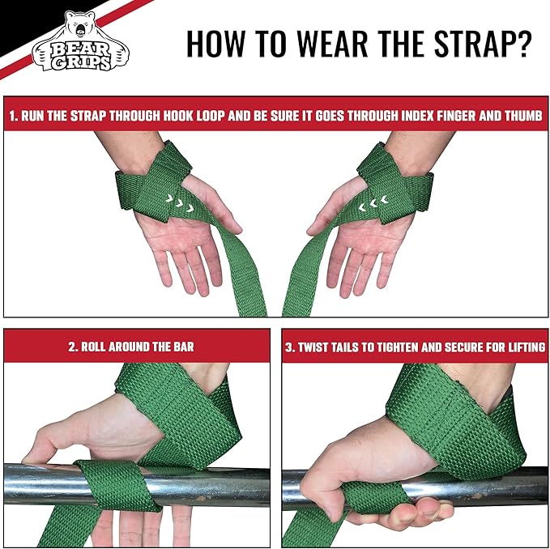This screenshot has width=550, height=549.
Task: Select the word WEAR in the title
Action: [x=318, y=44]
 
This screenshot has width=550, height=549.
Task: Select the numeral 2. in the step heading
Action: [x=72, y=347]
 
